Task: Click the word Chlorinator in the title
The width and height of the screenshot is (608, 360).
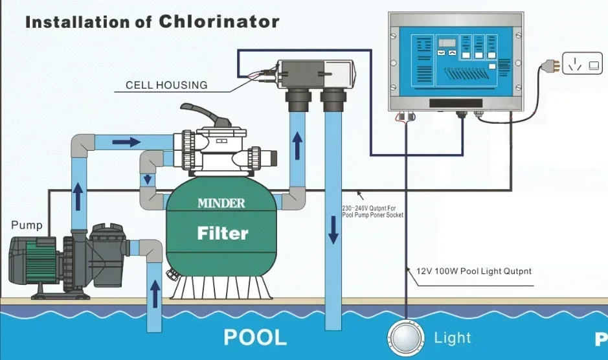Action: [218, 21]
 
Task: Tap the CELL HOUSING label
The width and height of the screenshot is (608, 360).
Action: [166, 85]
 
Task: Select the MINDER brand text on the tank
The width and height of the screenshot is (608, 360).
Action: [221, 203]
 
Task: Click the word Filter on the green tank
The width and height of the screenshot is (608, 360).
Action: [223, 232]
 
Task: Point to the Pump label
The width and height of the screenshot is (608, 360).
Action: [27, 225]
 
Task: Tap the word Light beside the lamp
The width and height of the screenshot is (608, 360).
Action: [453, 337]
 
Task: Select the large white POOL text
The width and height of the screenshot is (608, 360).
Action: [255, 337]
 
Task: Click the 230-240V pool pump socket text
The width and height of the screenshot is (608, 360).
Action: [372, 212]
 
